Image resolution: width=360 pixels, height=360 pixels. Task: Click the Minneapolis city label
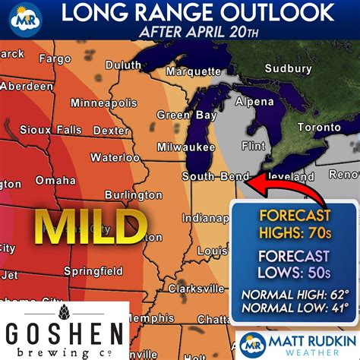coord(103,103)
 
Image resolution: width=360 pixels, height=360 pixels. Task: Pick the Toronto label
coord(318,128)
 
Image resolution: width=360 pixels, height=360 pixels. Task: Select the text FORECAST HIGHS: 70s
coord(295,223)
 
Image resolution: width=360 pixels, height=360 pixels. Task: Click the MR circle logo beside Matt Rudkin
coord(252,344)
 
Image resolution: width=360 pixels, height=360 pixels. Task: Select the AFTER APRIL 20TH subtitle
coord(199,33)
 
